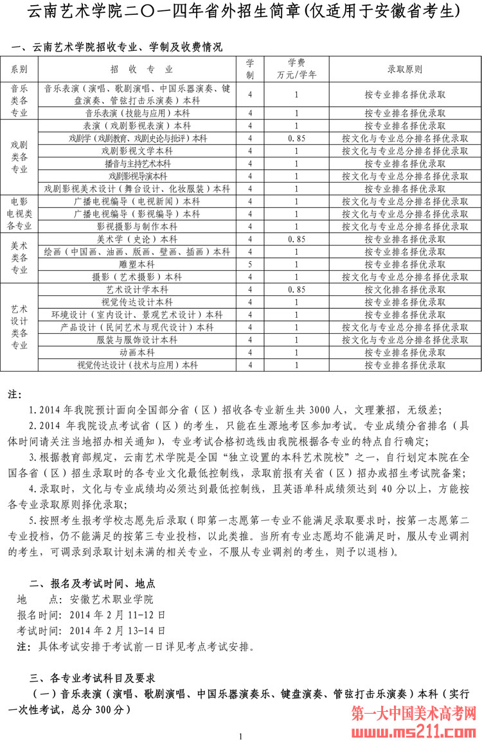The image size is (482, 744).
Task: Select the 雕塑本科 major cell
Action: point(138,264)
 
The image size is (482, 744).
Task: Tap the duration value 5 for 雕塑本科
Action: point(250,264)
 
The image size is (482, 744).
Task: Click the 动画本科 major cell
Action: point(138,352)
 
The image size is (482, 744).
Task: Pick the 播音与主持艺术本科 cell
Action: point(138,163)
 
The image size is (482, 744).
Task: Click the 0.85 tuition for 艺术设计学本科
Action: point(296,289)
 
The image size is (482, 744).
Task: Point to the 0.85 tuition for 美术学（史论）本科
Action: point(296,239)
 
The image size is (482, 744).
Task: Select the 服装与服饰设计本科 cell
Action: point(138,340)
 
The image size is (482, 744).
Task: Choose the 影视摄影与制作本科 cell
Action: point(138,226)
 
